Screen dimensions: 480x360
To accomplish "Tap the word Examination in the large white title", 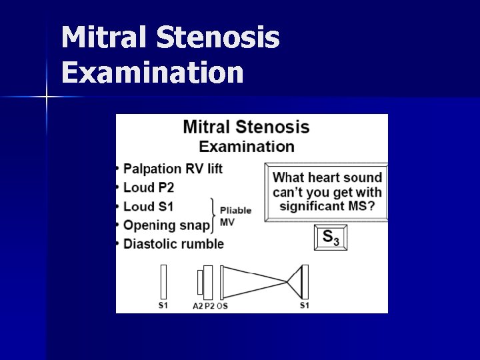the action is (x=153, y=73).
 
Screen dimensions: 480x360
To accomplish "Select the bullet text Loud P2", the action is (x=149, y=187).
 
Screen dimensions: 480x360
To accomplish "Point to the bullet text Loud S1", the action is (x=148, y=206).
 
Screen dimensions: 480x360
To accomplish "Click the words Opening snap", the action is (x=167, y=225).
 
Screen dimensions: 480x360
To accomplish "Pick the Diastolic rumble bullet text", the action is (x=173, y=243).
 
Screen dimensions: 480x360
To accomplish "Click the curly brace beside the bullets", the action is (x=214, y=215).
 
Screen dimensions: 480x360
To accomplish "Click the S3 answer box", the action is (x=331, y=237).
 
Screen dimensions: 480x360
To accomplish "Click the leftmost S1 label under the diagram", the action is (x=163, y=305).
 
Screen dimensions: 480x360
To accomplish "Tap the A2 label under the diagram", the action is (x=197, y=306).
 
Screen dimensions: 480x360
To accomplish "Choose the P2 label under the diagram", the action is (x=209, y=306).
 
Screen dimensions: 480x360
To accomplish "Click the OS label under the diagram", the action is (x=222, y=306).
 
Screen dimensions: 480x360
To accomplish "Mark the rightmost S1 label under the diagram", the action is (x=304, y=305).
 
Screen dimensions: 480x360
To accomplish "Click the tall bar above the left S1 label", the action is (x=163, y=282).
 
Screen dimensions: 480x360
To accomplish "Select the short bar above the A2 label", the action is (x=199, y=282).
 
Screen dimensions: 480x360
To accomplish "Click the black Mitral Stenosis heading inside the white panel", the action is (x=246, y=127).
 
